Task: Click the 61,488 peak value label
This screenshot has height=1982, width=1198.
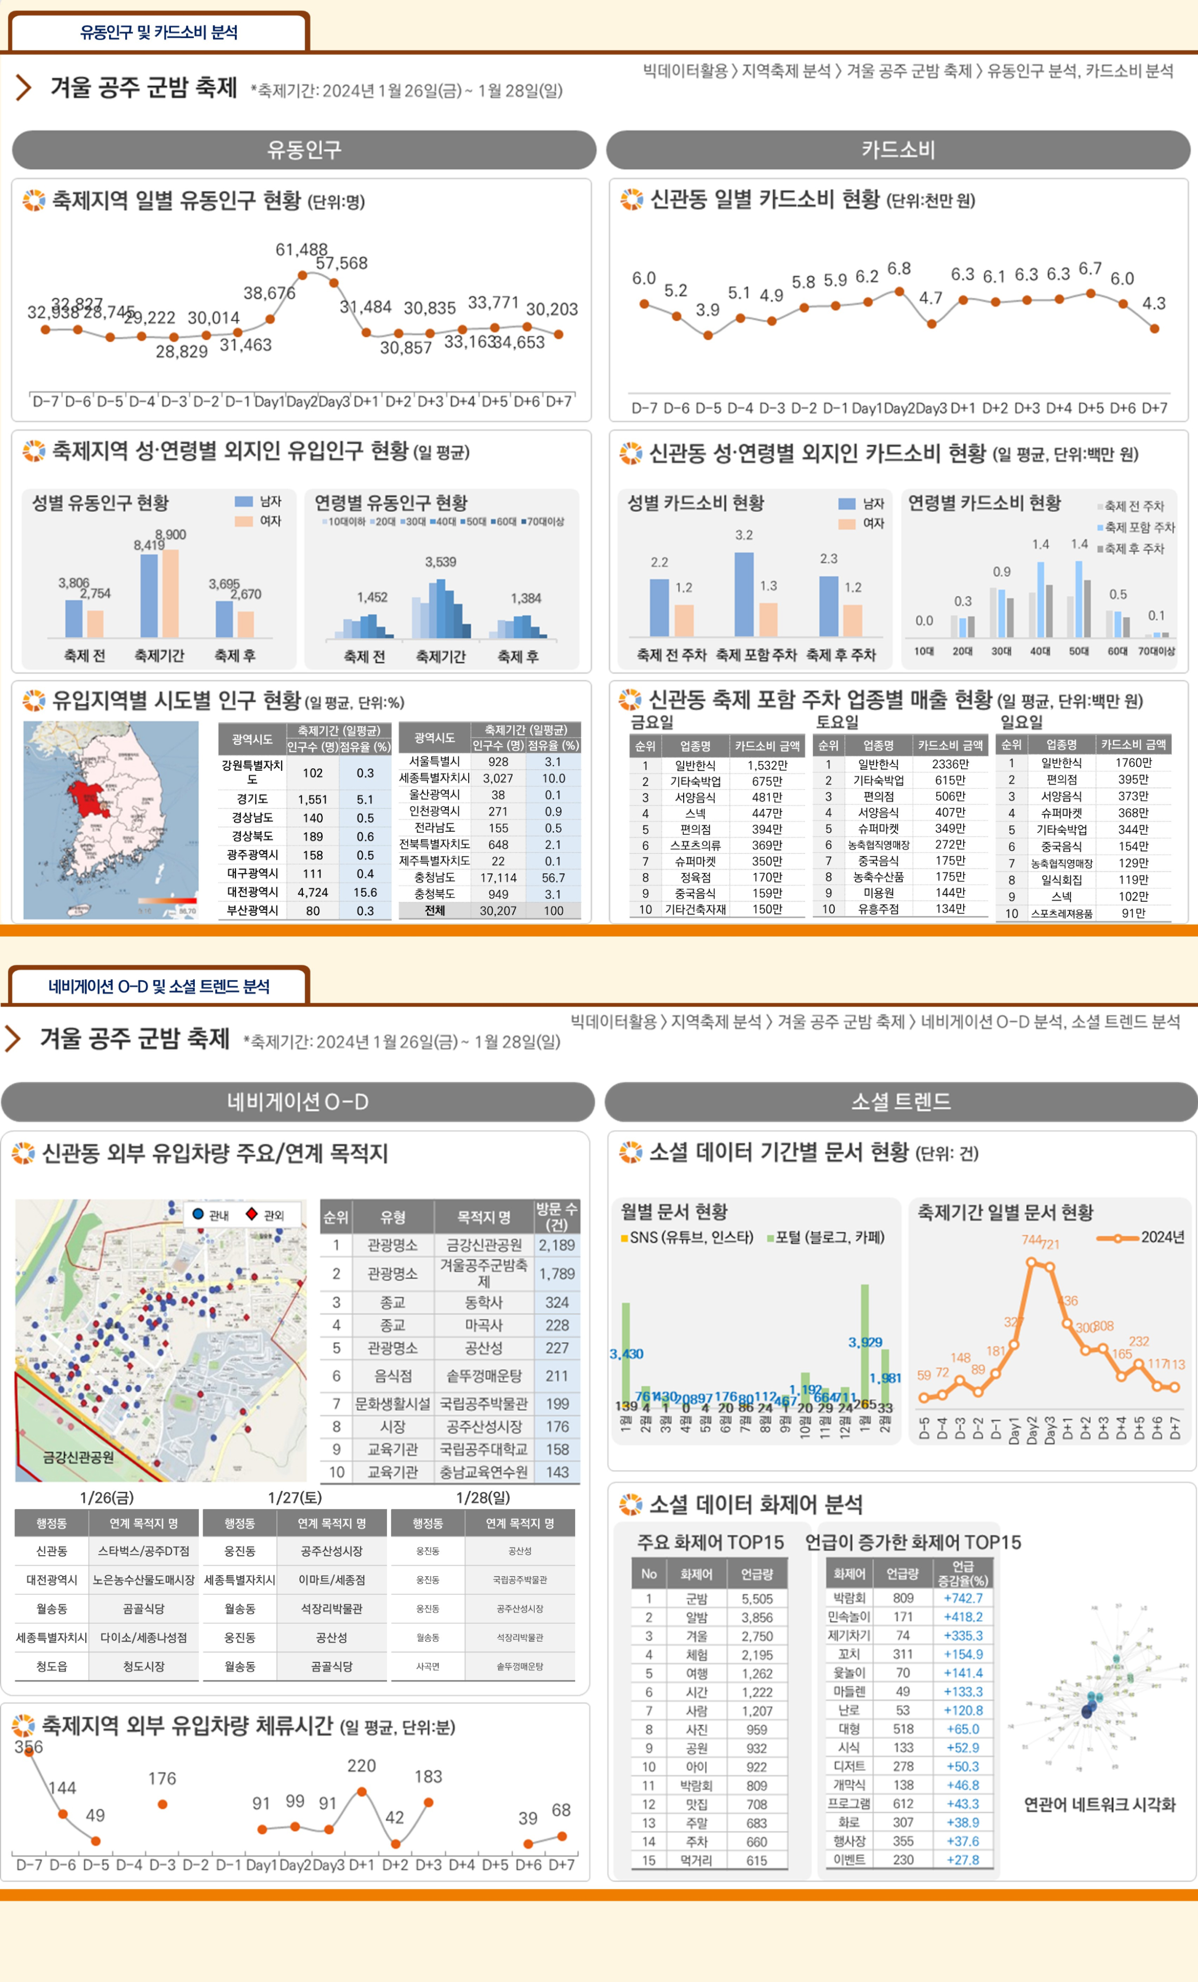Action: coord(301,250)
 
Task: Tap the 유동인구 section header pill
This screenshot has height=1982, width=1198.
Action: coord(304,150)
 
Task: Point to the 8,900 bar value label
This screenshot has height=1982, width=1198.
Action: coord(170,535)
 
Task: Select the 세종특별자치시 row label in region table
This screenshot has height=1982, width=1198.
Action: coord(434,778)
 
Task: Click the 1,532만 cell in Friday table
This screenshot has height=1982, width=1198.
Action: coord(767,765)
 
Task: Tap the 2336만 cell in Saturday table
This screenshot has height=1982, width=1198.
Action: coord(950,764)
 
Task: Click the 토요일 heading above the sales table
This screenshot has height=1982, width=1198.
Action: coord(837,721)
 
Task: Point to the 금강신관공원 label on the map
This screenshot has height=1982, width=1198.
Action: coord(78,1456)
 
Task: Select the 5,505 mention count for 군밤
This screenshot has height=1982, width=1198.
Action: coord(756,1599)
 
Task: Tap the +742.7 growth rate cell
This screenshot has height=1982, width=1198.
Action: coord(963,1598)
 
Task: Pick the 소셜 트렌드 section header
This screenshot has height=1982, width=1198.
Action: coord(900,1101)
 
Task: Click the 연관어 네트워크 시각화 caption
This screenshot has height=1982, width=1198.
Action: coord(1099,1804)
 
